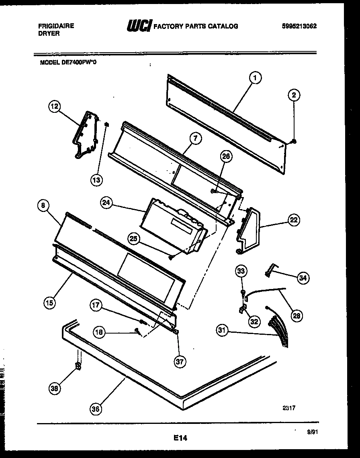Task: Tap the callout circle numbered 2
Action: pyautogui.click(x=294, y=95)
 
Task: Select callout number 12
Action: pyautogui.click(x=54, y=106)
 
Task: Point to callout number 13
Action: pyautogui.click(x=96, y=180)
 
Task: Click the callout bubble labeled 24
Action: pyautogui.click(x=106, y=204)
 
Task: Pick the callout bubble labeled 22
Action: pyautogui.click(x=293, y=220)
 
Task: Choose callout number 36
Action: pyautogui.click(x=96, y=409)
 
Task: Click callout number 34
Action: pyautogui.click(x=303, y=277)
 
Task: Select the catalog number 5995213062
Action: pyautogui.click(x=299, y=26)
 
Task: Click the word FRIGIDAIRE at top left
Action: pyautogui.click(x=56, y=26)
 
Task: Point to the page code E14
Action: pyautogui.click(x=180, y=438)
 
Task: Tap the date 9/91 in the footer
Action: pyautogui.click(x=311, y=433)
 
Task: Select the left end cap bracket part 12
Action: pyautogui.click(x=85, y=134)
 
